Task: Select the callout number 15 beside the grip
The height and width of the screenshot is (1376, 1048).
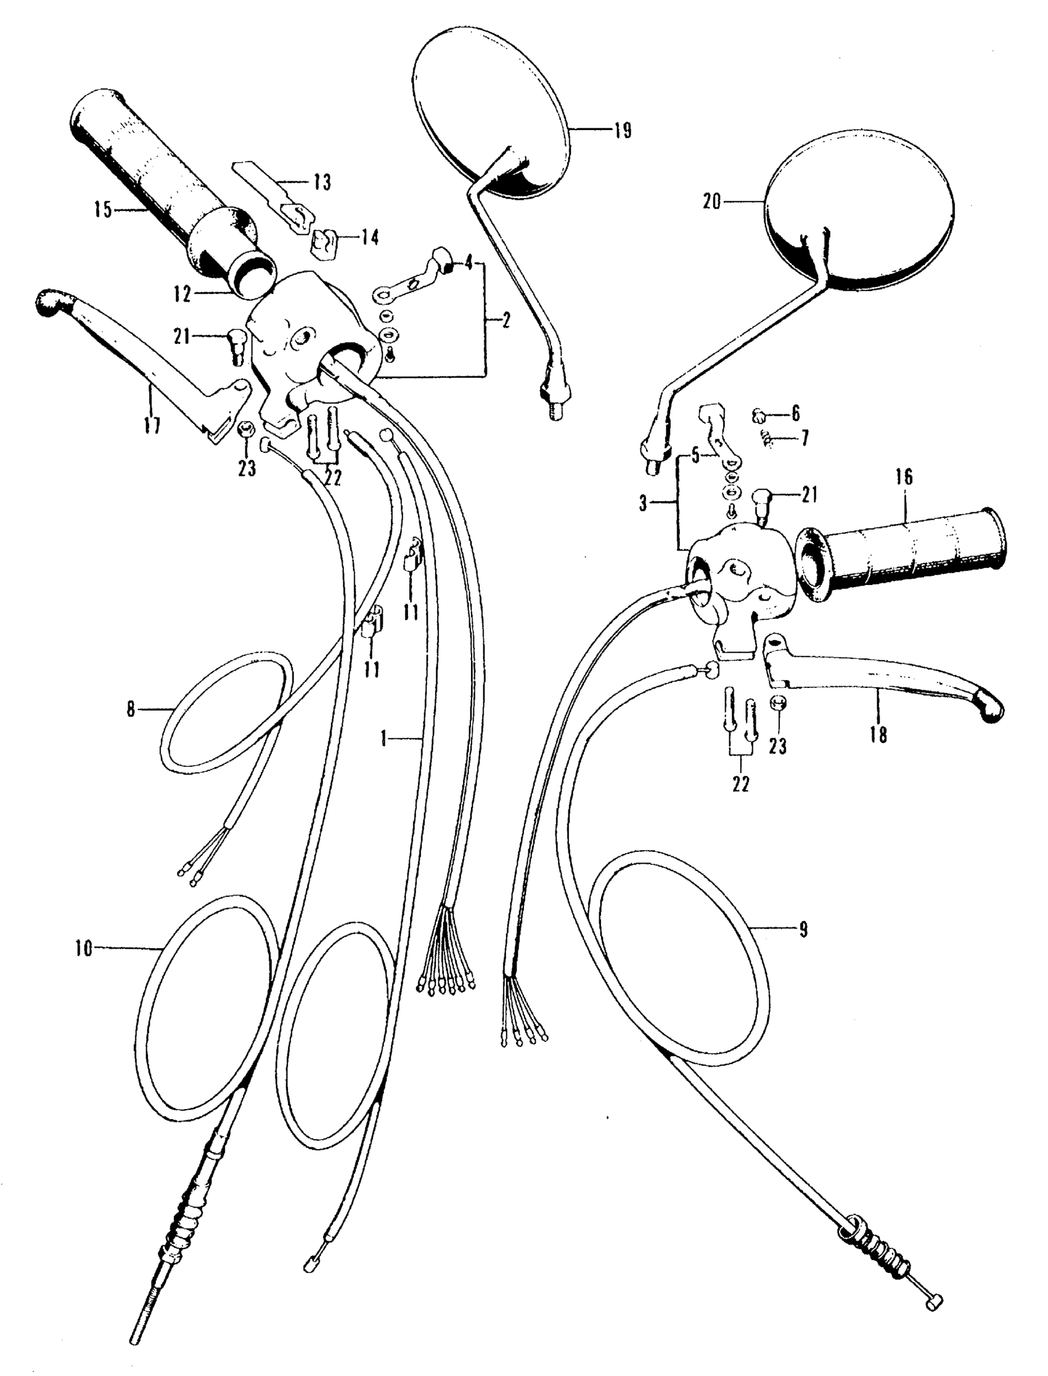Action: pyautogui.click(x=103, y=210)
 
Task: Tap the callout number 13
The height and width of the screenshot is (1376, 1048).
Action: pyautogui.click(x=322, y=182)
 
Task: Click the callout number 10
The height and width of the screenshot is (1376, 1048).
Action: pyautogui.click(x=83, y=967)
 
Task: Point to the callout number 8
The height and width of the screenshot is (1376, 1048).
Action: pyautogui.click(x=130, y=710)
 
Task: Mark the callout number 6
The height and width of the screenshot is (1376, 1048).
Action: pyautogui.click(x=795, y=413)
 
